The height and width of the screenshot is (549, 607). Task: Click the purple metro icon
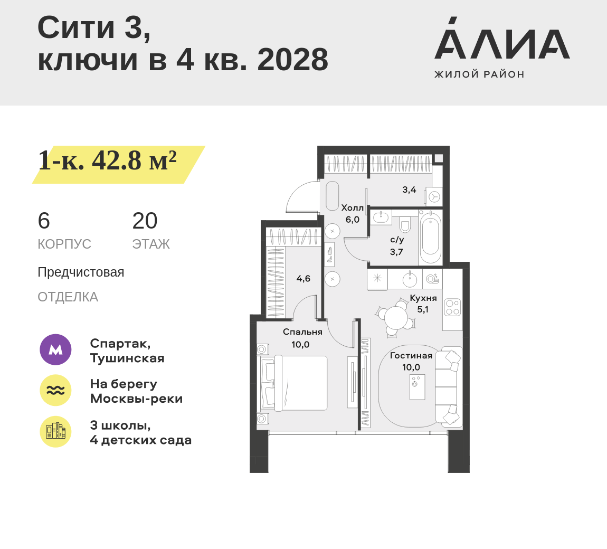coord(56,349)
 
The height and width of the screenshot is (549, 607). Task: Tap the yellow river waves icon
coord(56,390)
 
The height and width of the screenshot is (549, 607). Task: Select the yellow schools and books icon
coord(56,432)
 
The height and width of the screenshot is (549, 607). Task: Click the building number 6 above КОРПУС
coord(44,221)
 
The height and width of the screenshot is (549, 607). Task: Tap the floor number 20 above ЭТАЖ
coord(145,221)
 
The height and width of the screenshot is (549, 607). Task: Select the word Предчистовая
coord(81,272)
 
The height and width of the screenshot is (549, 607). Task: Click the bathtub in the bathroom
coord(431,238)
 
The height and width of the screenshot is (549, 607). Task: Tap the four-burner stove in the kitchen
coord(452,307)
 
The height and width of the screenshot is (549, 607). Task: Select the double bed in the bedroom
coord(295,383)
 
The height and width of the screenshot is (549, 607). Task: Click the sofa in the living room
coord(449,387)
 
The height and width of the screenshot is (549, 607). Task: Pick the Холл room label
coord(352,208)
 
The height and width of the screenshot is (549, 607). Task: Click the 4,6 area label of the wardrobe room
coord(303,278)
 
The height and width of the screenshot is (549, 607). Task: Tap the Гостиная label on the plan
coord(411,356)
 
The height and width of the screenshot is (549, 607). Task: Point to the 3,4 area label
coord(409,190)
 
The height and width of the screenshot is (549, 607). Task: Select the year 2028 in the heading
coord(292,60)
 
